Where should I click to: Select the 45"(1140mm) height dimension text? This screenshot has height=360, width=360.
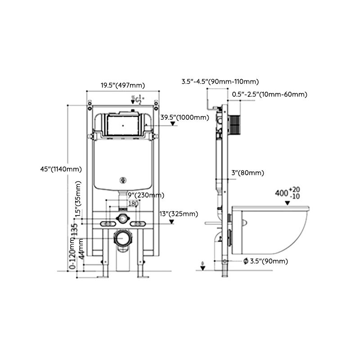coord(61,169)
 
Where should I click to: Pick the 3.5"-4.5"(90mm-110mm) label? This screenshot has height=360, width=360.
coord(220,81)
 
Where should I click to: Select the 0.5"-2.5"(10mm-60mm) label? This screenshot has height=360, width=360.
coord(270,94)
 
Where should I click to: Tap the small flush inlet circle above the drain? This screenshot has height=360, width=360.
coord(121,218)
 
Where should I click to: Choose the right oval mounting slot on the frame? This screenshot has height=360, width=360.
coord(138,224)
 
